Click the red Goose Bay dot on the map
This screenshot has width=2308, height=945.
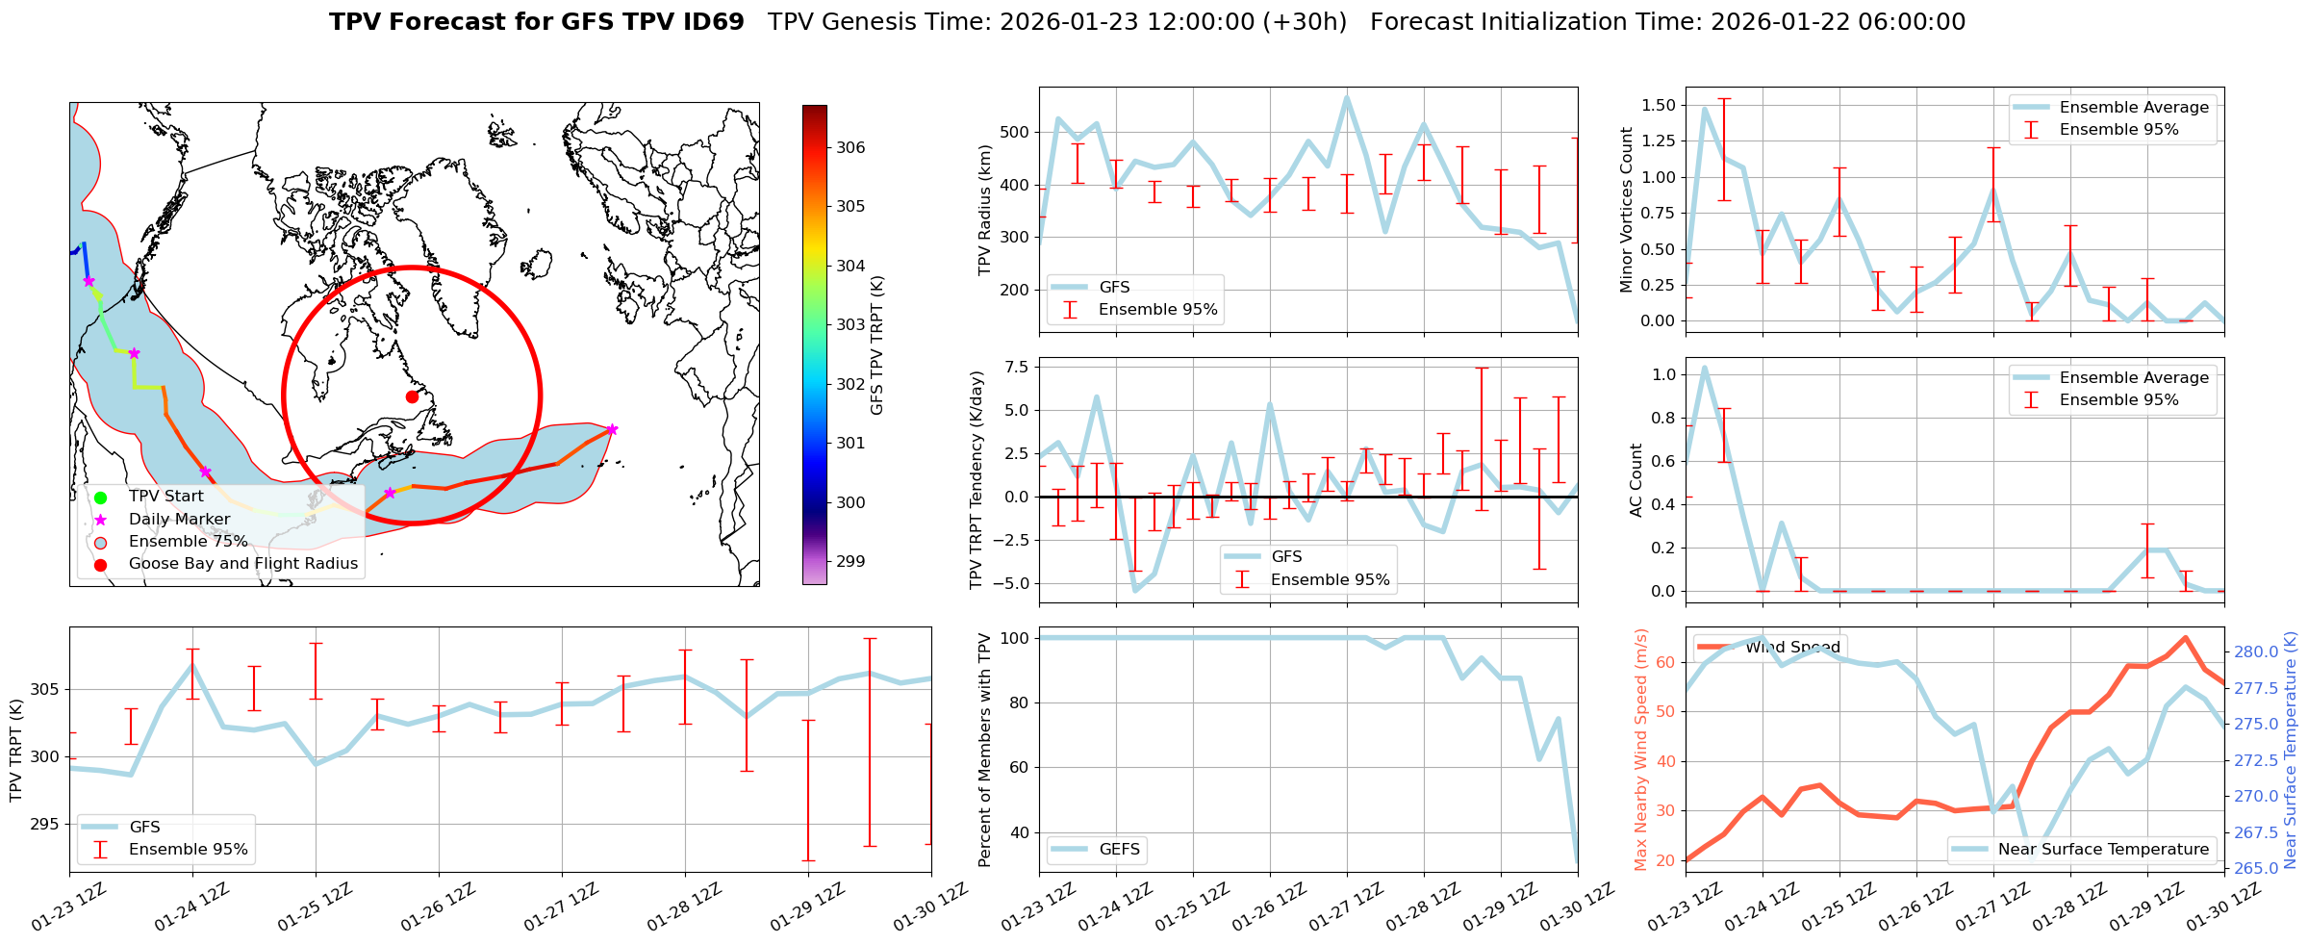(412, 396)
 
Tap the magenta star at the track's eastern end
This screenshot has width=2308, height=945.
(612, 429)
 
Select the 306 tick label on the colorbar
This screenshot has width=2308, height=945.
(850, 147)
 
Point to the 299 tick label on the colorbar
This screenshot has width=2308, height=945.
(850, 561)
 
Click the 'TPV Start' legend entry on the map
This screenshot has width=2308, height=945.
(165, 497)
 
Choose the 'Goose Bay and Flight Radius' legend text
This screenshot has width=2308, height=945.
(242, 564)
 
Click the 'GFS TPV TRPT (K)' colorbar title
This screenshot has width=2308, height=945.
(876, 345)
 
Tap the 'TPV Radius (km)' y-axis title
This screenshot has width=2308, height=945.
(984, 210)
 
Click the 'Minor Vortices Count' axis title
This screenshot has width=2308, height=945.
(1626, 210)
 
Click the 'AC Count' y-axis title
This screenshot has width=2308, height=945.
(1636, 480)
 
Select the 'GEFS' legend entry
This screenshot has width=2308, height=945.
(1119, 849)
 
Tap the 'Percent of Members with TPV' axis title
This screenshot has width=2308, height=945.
(984, 750)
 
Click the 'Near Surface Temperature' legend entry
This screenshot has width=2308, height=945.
(2103, 849)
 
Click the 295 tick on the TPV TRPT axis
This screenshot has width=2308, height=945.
(44, 824)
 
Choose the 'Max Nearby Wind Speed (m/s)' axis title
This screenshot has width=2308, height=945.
(1641, 750)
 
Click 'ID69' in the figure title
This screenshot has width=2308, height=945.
(713, 22)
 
